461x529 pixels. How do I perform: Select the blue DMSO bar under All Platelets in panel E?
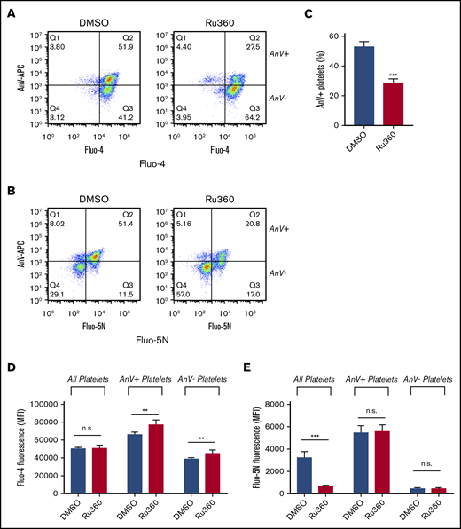(304, 463)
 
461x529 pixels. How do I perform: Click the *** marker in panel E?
(316, 437)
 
